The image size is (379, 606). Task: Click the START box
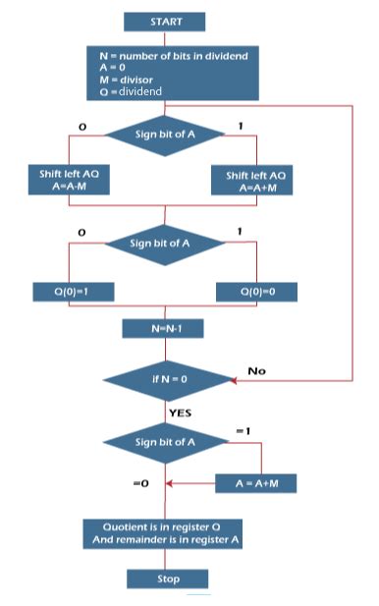[166, 21]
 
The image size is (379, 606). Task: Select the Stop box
[168, 578]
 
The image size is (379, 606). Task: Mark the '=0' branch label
[140, 483]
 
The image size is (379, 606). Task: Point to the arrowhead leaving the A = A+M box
[171, 483]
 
